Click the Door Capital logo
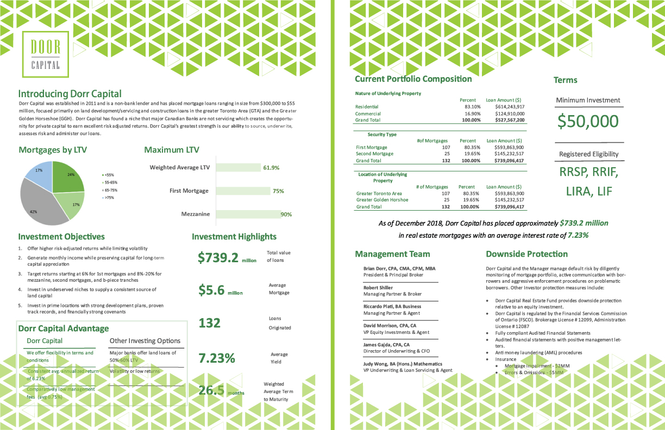46,54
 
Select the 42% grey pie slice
43,204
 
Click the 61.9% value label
271,168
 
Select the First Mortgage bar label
189,191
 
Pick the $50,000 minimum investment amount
588,121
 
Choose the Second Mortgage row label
375,154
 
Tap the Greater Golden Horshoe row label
382,200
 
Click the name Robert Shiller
378,288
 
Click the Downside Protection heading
526,254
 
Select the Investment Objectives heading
61,237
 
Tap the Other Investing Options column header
145,341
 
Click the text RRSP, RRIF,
588,173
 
